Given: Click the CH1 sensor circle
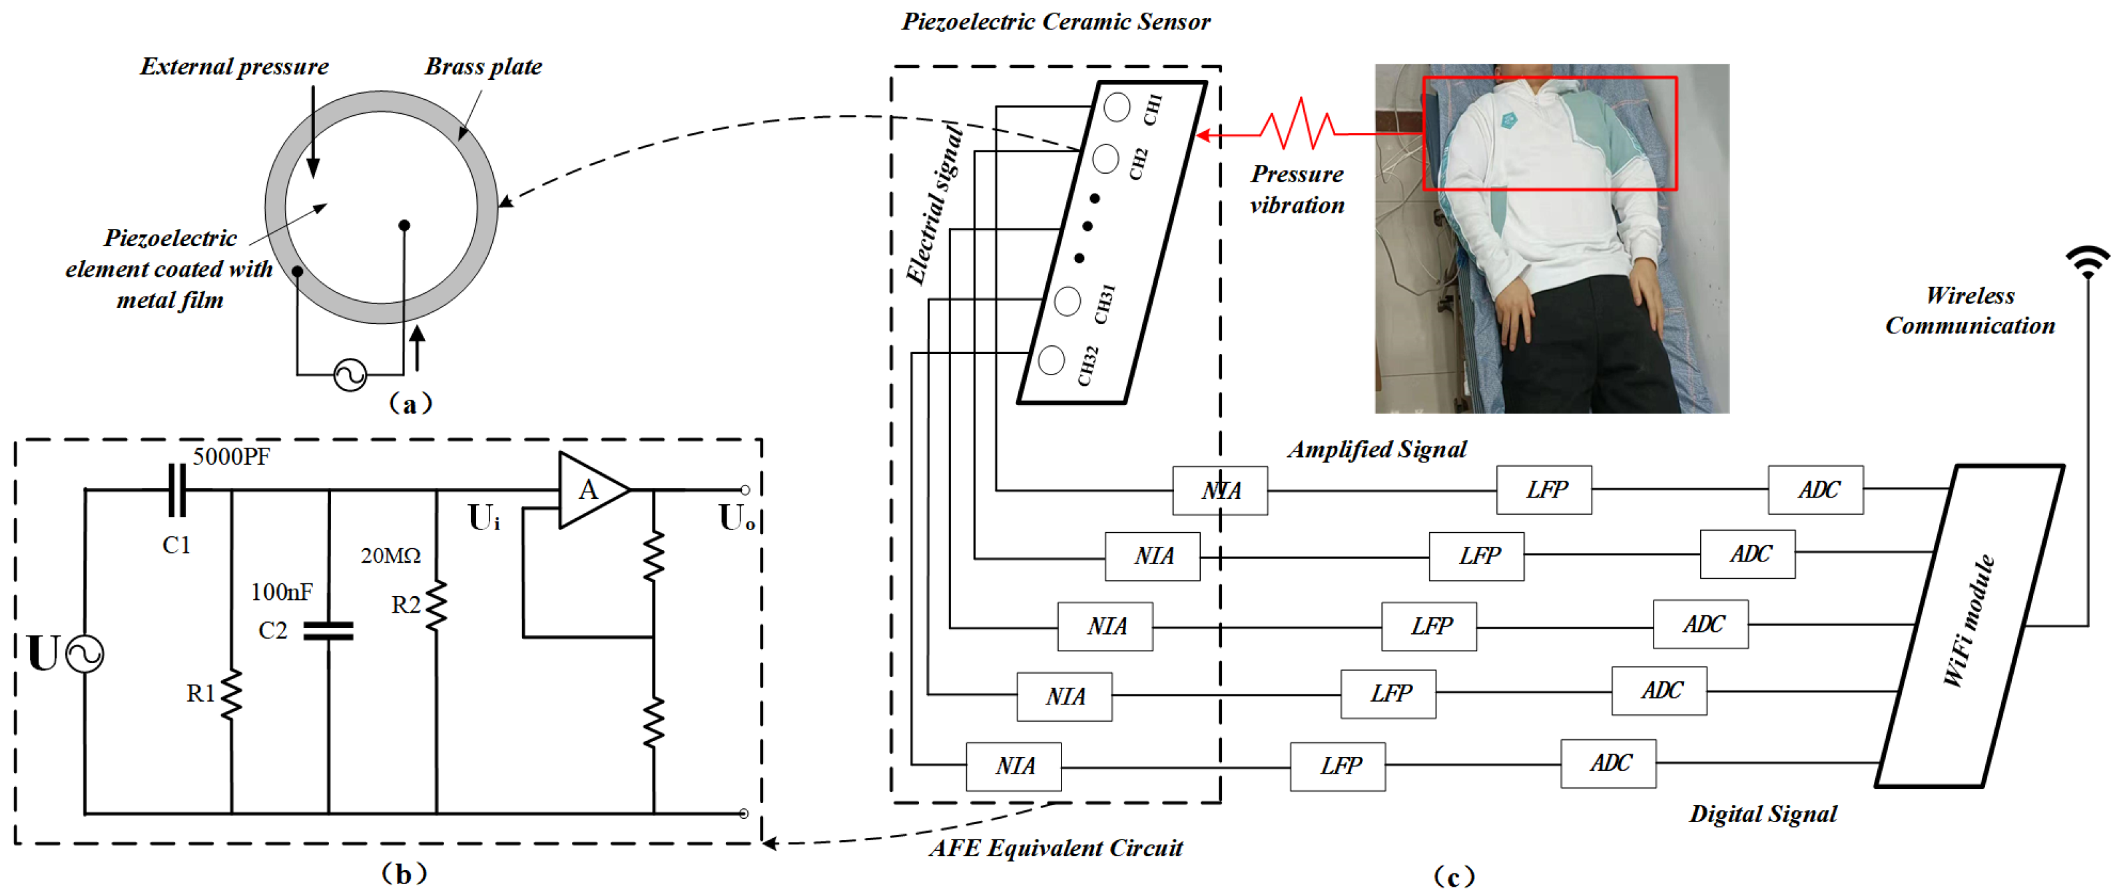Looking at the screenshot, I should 1116,107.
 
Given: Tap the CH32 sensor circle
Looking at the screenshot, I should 1052,360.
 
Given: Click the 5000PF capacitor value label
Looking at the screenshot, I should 231,457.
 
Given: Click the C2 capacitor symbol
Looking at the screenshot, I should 328,631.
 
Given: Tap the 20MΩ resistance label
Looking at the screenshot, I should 391,555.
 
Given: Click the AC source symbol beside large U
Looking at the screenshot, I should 85,655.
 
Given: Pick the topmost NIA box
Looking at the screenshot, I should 1220,491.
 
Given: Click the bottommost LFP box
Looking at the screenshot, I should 1338,766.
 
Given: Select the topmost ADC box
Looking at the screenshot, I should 1815,490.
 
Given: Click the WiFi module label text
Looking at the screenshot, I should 1968,621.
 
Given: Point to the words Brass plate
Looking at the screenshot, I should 483,67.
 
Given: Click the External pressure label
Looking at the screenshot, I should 234,67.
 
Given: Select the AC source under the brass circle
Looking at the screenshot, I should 350,376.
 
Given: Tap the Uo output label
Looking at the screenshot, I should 737,519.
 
